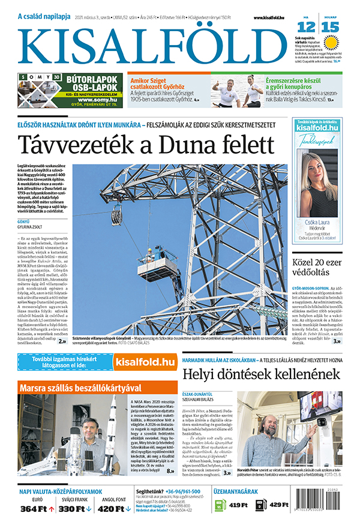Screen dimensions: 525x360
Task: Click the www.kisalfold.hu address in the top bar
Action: [x=272, y=18]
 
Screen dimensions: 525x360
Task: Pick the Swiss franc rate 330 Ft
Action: [x=75, y=509]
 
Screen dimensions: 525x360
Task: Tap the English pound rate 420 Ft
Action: [x=113, y=509]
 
